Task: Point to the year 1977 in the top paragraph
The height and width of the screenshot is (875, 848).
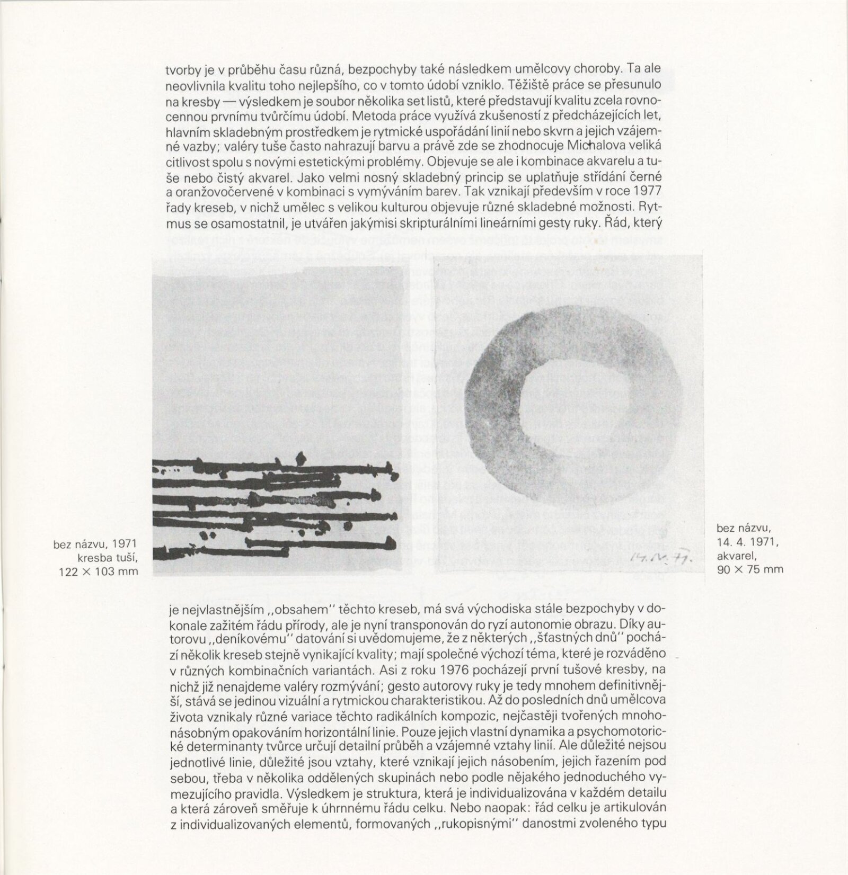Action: coord(646,191)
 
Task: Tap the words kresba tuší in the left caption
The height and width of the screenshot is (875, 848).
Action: coord(108,557)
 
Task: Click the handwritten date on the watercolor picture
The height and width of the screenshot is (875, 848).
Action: coord(656,556)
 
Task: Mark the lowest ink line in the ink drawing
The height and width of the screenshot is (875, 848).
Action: coord(318,542)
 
